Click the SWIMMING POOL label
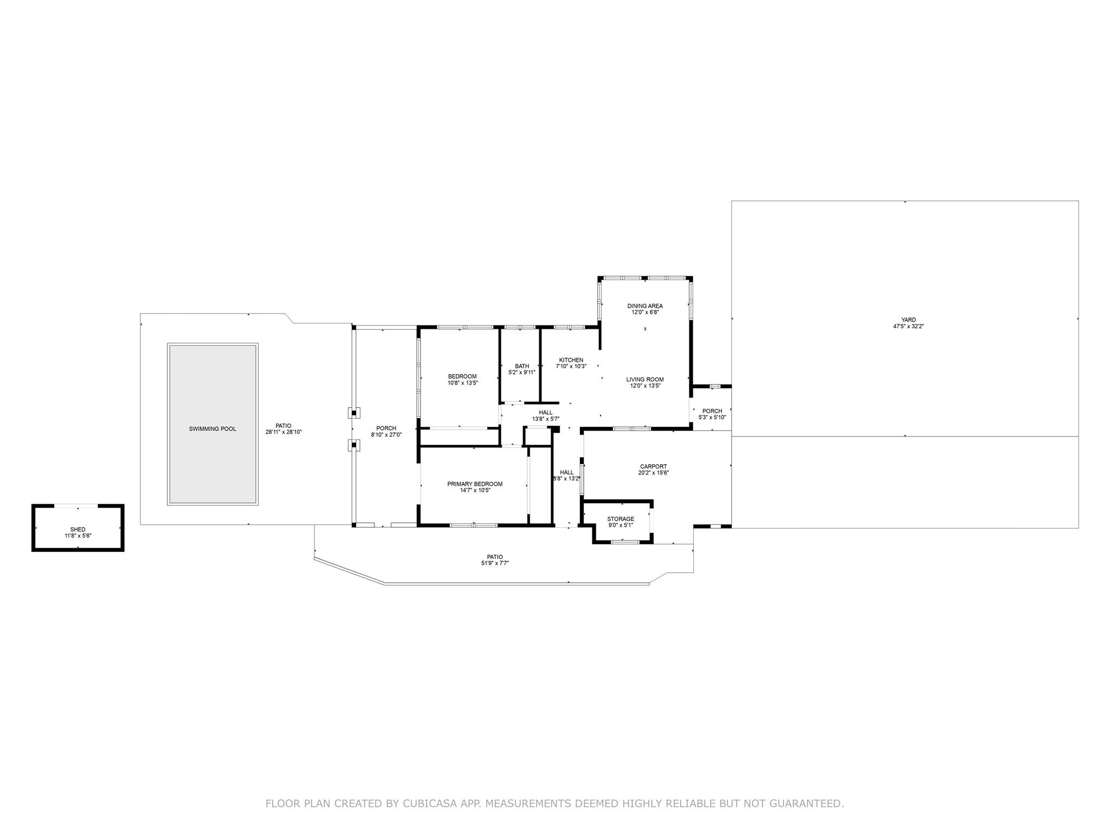pos(212,429)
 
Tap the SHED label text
pos(78,529)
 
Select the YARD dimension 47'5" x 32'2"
pos(908,327)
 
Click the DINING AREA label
pos(645,306)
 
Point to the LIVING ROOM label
pos(645,379)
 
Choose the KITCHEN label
pos(571,360)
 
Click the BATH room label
pos(522,366)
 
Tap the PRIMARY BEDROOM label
pos(475,484)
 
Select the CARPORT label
pos(654,466)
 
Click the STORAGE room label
pos(621,519)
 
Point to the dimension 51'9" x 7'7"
pos(495,563)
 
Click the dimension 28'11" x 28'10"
pos(283,432)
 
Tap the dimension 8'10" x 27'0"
pos(386,434)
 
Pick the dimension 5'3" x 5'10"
pos(712,417)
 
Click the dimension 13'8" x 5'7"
pos(546,419)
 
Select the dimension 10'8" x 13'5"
pos(462,383)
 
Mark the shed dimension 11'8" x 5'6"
pos(78,536)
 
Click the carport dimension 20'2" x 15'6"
pos(654,472)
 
